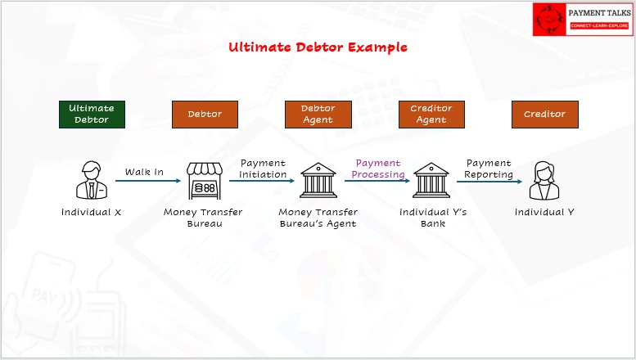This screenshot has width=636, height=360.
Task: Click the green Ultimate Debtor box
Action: tap(92, 115)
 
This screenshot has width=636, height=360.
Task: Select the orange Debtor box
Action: tap(205, 115)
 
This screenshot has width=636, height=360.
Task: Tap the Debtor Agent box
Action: tap(318, 115)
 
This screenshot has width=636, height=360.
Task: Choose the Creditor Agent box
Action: tap(431, 115)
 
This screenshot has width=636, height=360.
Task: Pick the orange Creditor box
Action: tap(545, 115)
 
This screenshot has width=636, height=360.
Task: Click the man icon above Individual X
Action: tap(92, 180)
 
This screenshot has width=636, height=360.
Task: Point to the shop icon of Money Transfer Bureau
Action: tap(205, 181)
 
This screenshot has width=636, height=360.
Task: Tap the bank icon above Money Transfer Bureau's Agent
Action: tap(318, 180)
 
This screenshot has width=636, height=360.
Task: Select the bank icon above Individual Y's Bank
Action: tap(431, 180)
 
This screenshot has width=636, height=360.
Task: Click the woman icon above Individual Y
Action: tap(544, 180)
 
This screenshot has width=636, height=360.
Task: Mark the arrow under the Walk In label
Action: tap(148, 181)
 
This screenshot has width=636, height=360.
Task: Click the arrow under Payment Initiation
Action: tap(262, 181)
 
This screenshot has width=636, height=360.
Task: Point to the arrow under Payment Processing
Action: tap(377, 181)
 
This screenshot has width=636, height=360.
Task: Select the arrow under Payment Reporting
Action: tap(489, 182)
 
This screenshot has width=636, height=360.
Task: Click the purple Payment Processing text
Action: tap(378, 169)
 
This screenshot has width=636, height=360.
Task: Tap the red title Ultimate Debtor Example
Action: tap(318, 47)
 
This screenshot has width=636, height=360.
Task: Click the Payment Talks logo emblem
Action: tap(549, 20)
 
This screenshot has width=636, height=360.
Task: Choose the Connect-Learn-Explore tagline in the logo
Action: tap(599, 25)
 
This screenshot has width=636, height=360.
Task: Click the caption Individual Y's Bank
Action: tap(433, 218)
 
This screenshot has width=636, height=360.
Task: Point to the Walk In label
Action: tap(144, 172)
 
